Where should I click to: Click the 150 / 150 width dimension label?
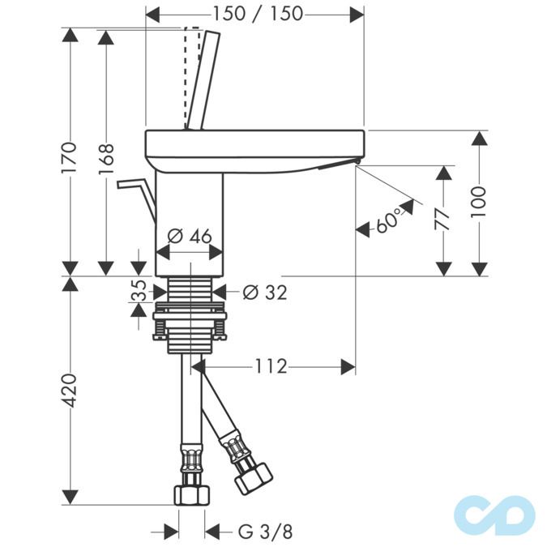click(x=258, y=14)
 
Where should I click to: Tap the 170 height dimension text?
click(x=69, y=157)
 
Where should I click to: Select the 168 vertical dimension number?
click(x=105, y=159)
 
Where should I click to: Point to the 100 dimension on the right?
click(x=478, y=202)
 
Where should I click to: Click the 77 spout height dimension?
click(x=442, y=220)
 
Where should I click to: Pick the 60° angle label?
click(x=387, y=220)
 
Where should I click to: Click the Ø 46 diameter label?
click(x=190, y=236)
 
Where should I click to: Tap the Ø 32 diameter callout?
click(x=265, y=293)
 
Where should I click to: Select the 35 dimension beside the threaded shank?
click(x=139, y=290)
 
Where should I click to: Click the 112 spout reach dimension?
click(x=271, y=366)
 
